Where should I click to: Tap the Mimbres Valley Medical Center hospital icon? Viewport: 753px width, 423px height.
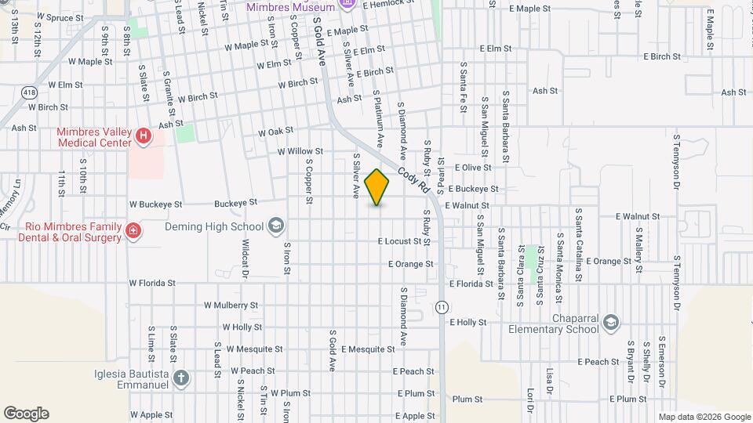coord(143,137)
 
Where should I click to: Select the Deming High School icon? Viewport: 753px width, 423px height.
coord(275,227)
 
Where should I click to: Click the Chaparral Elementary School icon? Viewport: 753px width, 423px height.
coord(611,323)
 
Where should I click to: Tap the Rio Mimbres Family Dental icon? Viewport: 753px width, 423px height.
coord(133,232)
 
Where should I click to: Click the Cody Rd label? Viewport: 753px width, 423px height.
coord(414,179)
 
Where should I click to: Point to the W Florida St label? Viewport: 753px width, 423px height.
coord(152,282)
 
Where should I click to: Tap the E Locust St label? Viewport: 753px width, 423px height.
coord(399,241)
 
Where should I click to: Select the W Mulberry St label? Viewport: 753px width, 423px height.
coord(231,305)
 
